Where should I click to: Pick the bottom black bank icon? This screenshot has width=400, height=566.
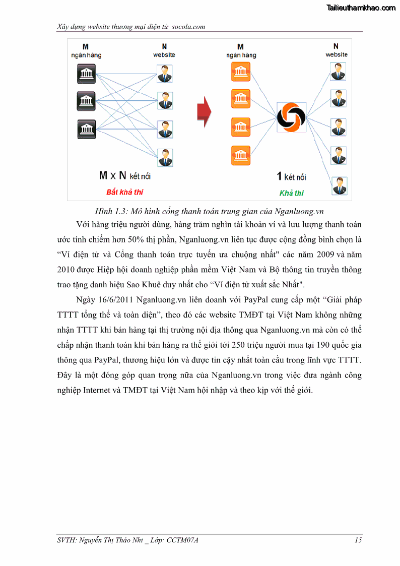[x=86, y=129]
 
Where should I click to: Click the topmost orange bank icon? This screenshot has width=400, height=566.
[x=240, y=72]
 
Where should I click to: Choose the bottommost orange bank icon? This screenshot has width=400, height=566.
[x=240, y=154]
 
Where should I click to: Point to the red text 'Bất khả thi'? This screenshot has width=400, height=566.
[x=124, y=192]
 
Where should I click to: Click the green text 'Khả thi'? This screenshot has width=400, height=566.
[x=291, y=193]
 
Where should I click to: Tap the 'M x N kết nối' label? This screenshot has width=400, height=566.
[x=124, y=176]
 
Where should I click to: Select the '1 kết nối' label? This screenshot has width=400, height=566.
[x=291, y=176]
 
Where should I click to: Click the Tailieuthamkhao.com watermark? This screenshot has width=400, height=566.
[x=361, y=8]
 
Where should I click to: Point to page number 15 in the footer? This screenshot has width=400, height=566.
[x=358, y=540]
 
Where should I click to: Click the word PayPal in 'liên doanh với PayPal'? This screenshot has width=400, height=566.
[x=259, y=300]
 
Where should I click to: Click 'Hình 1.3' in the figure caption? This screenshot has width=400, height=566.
[x=110, y=211]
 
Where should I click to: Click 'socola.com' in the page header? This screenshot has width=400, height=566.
[x=188, y=26]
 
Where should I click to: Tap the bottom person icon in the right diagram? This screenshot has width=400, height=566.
[x=339, y=185]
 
